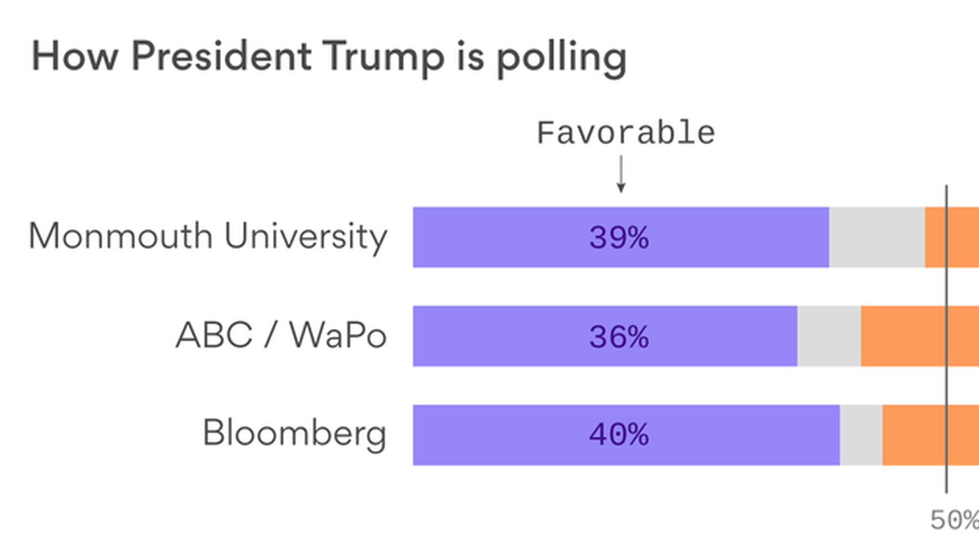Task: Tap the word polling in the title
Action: [561, 58]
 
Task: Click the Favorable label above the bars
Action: [626, 133]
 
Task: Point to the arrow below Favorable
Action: [621, 174]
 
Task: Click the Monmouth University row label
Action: [208, 237]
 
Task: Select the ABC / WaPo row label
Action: [281, 336]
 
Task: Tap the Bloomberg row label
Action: [294, 433]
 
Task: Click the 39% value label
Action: [619, 238]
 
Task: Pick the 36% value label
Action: [619, 337]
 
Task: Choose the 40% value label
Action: [619, 435]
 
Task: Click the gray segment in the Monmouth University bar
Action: [877, 237]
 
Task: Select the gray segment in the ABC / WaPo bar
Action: [829, 336]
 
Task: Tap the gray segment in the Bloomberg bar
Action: [861, 435]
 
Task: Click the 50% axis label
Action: [954, 520]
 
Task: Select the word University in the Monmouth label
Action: [306, 237]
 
